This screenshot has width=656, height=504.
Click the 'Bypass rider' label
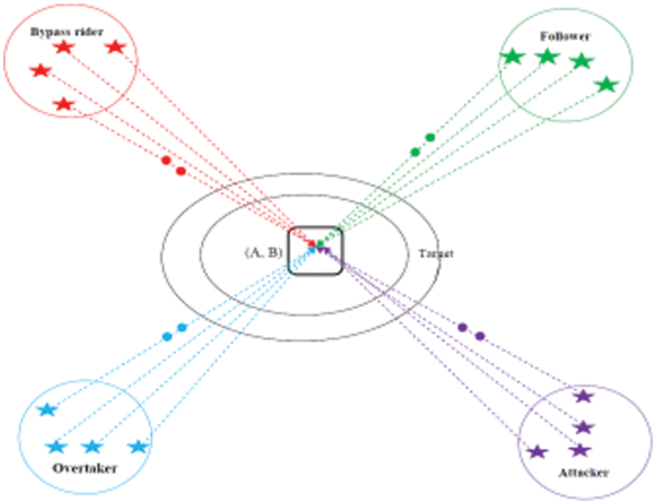tap(67, 32)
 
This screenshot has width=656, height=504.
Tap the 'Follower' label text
tap(564, 36)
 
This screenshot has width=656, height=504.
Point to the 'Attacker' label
tap(583, 473)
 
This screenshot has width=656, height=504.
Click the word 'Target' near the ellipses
tap(436, 254)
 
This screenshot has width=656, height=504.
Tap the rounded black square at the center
tap(316, 250)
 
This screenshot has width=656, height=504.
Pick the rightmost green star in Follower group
tap(607, 85)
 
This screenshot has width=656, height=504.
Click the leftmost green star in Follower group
tap(513, 57)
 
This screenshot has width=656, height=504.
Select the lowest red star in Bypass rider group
tap(63, 104)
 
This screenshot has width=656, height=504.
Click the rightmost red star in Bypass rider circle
tap(116, 47)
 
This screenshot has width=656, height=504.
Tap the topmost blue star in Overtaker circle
tap(47, 410)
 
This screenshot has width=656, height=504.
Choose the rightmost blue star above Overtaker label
tap(138, 446)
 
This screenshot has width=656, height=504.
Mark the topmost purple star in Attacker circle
tap(583, 396)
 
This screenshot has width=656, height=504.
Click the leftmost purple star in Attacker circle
tap(537, 452)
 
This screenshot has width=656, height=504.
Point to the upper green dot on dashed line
tap(430, 137)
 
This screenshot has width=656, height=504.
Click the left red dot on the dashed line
tap(166, 160)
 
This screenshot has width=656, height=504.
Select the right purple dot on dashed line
tap(480, 336)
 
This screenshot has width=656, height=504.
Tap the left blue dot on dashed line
tap(167, 336)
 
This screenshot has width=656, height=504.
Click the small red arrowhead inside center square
tap(312, 242)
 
